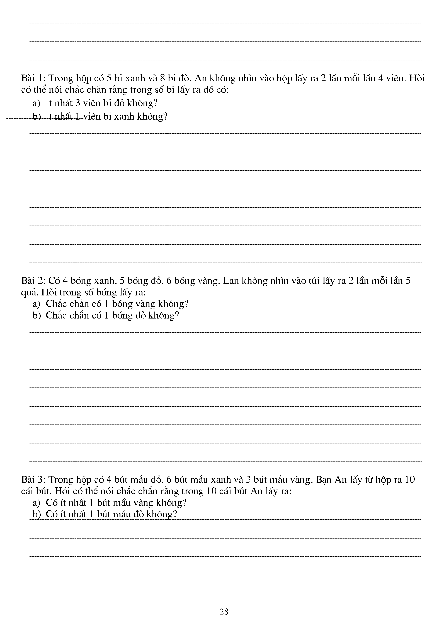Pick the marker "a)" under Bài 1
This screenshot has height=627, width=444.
[36, 103]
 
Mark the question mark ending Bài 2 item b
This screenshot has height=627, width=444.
[177, 315]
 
